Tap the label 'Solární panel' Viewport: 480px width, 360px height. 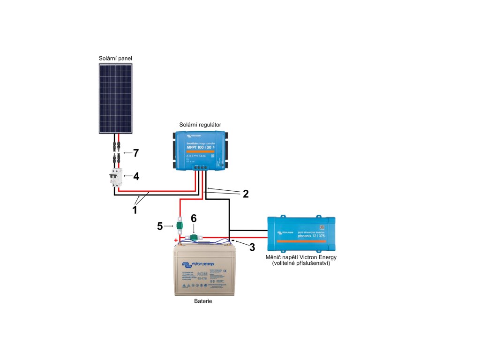point(115,58)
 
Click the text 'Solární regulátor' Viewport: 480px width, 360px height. point(200,124)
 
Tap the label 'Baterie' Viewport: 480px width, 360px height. point(203,301)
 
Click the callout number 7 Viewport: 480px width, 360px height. point(136,153)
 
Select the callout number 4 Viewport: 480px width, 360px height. point(136,177)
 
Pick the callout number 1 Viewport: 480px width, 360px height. point(135,210)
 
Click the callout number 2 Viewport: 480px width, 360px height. point(245,194)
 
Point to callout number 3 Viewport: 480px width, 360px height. point(252,247)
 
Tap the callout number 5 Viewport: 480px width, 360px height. point(160,226)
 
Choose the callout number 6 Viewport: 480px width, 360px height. point(194,218)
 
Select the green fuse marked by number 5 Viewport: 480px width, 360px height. point(179,225)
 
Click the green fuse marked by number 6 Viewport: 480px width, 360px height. point(193,238)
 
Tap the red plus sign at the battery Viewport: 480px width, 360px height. point(176,240)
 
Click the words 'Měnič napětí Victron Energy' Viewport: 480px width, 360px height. point(301,257)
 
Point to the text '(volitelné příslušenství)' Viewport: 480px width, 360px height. point(301,264)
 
